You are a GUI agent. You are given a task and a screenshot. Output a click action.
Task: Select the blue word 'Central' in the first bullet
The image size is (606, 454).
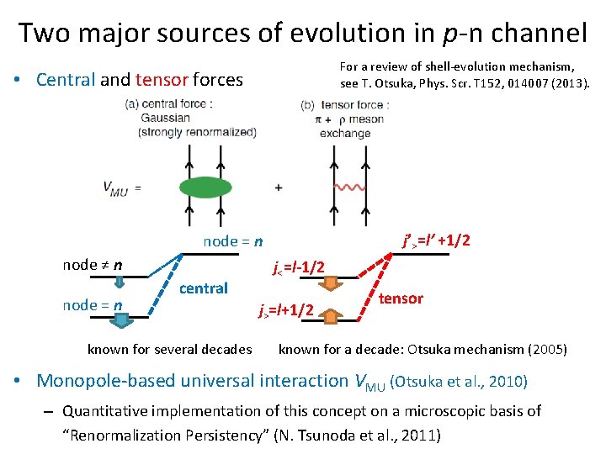66,80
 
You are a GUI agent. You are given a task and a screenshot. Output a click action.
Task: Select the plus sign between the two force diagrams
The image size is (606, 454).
278,187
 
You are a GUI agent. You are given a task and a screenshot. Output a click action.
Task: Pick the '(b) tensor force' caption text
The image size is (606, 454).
343,105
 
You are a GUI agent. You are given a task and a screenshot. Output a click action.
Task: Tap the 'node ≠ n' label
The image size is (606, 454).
92,265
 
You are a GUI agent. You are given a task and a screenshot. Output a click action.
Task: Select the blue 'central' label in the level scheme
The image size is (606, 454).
204,288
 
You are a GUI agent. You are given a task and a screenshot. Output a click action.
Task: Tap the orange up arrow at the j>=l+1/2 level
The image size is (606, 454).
331,316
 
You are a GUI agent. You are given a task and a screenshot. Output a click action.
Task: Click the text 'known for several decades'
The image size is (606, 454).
169,349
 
